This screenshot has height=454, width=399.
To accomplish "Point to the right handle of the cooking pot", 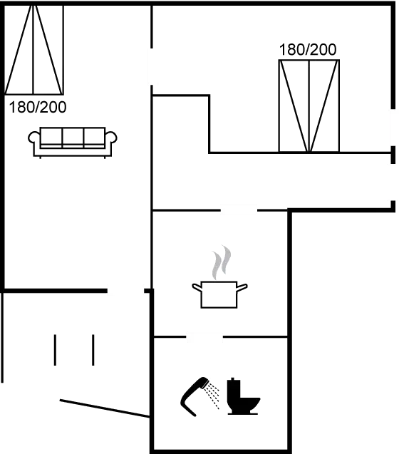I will pos(244,287).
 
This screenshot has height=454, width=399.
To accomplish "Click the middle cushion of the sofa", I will pos(73,136).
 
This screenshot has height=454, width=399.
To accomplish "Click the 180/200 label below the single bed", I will pos(38,108).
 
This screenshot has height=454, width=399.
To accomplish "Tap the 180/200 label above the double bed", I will pos(308,50).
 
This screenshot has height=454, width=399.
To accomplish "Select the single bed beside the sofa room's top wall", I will pos(35,50).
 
